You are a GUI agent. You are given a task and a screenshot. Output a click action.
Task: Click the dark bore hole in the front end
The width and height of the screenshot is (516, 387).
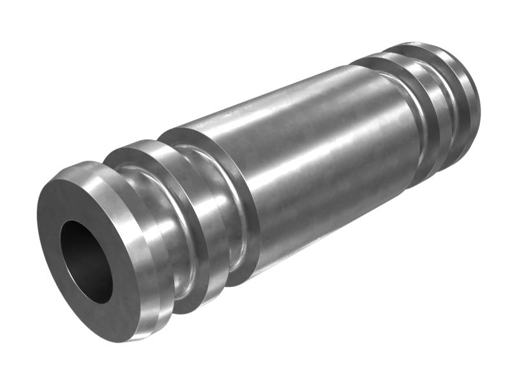[84, 261]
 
